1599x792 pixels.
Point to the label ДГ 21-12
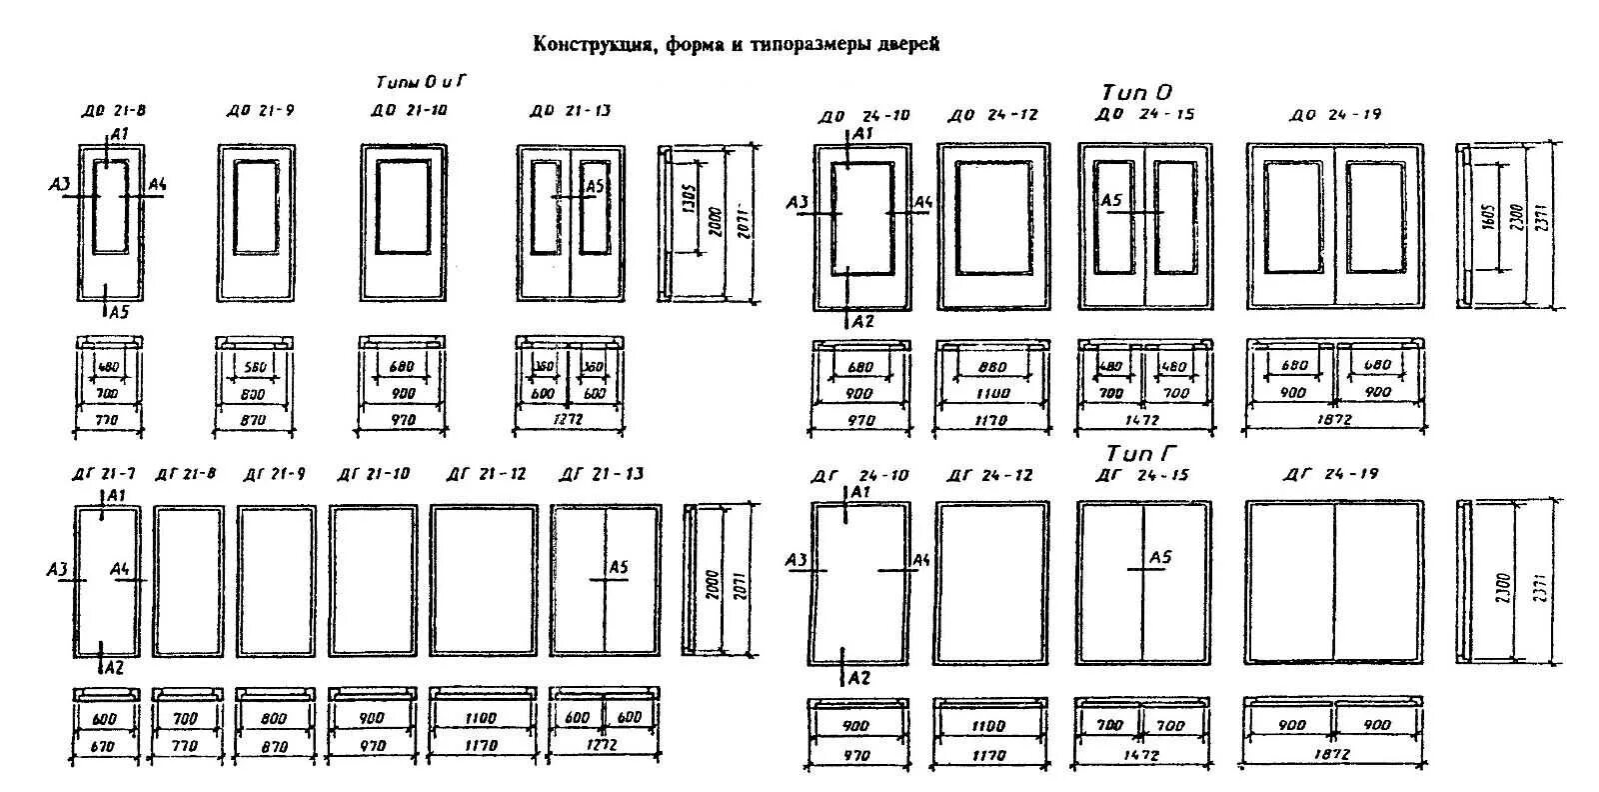pyautogui.click(x=486, y=473)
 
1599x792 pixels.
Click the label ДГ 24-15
pyautogui.click(x=1143, y=474)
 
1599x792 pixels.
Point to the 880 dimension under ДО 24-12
pyautogui.click(x=991, y=367)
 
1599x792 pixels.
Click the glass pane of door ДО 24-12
pyautogui.click(x=992, y=215)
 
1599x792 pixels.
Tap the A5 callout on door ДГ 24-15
pyautogui.click(x=1159, y=557)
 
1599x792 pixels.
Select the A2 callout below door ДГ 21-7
pyautogui.click(x=113, y=667)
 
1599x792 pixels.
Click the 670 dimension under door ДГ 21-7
pyautogui.click(x=104, y=746)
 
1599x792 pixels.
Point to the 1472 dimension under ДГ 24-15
pyautogui.click(x=1140, y=755)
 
